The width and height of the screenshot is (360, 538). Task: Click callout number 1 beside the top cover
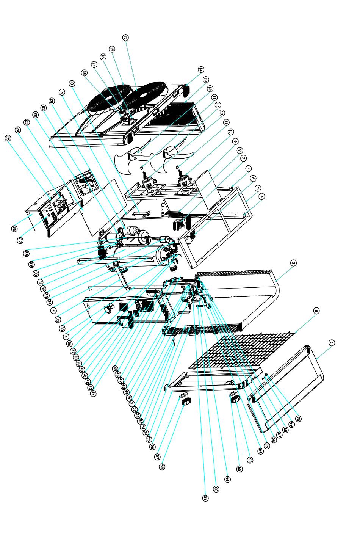point(331,343)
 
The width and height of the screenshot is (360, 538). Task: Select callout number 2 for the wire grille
point(316,311)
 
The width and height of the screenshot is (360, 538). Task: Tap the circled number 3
point(293,262)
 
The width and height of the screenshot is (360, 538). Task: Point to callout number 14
point(201,69)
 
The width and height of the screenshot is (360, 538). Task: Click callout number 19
point(62,92)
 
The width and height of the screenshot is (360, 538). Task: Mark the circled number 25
point(8,139)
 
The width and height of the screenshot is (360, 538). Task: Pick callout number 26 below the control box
point(13,228)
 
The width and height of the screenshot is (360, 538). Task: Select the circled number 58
point(162,467)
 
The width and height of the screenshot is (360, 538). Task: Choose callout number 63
point(250,460)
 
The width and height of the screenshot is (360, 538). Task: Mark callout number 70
point(298,419)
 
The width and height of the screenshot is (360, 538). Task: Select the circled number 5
point(258,188)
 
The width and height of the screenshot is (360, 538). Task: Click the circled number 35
point(58,320)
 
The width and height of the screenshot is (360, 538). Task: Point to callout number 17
point(94,65)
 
